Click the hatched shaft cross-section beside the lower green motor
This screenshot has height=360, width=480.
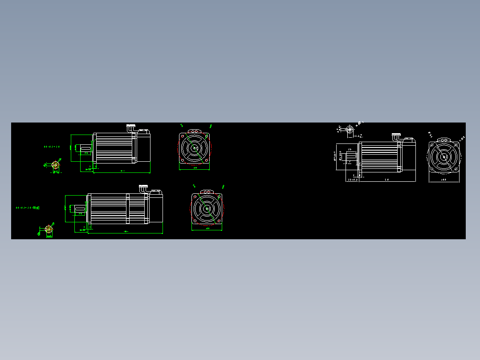(x=49, y=229)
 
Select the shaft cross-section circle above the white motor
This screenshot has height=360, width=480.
(x=350, y=130)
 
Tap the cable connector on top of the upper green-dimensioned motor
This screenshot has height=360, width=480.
(x=130, y=127)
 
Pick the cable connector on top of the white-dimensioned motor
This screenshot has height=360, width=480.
(x=396, y=136)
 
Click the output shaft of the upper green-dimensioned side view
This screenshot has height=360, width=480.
(x=86, y=147)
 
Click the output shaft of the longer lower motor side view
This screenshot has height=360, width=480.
(x=80, y=209)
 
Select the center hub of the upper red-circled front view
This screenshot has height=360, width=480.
(x=195, y=148)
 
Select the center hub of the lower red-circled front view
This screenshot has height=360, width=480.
(x=207, y=209)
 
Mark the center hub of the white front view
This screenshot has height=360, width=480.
(x=444, y=157)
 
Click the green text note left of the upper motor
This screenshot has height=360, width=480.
(x=52, y=146)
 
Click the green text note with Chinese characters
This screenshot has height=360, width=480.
(x=28, y=208)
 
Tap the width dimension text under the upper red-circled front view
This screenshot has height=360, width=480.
(x=195, y=168)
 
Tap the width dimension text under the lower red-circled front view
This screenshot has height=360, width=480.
(x=207, y=229)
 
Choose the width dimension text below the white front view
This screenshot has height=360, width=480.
(x=444, y=180)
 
